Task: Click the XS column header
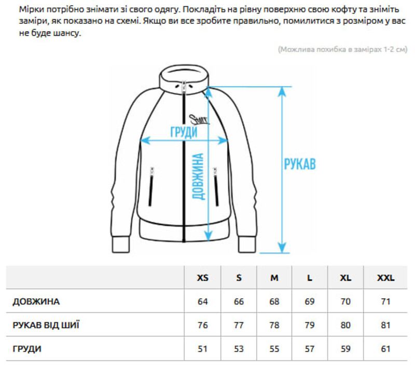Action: (202, 278)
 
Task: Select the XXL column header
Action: (385, 278)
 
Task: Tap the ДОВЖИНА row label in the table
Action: (36, 301)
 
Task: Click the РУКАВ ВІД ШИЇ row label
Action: (46, 325)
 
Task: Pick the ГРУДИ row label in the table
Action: (27, 349)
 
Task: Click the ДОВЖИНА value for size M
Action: (274, 301)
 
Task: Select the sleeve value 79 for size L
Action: (309, 325)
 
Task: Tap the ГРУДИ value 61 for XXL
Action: (385, 349)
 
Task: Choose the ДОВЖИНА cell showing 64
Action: (202, 301)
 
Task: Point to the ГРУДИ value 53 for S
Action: (239, 349)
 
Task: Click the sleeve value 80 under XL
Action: (345, 325)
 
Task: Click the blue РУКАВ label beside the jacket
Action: (300, 164)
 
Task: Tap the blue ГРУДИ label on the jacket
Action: (184, 132)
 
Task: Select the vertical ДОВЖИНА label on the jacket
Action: (198, 176)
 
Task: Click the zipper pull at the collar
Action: (184, 88)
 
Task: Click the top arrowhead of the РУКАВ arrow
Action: (282, 91)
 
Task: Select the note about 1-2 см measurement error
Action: (342, 49)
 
